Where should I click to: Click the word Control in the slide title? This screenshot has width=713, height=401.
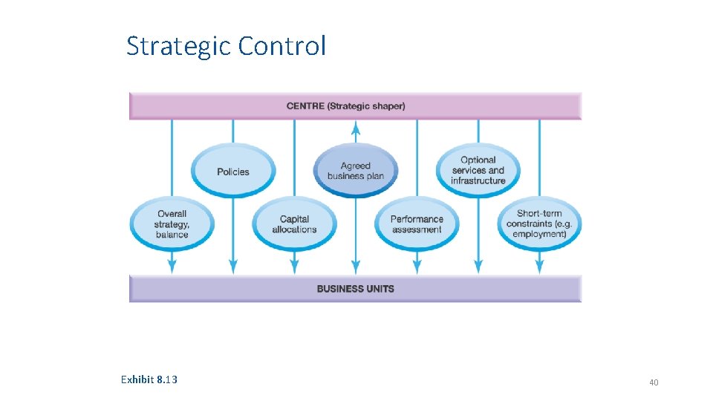[x=282, y=46]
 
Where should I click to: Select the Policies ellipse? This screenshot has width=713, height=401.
[x=233, y=172]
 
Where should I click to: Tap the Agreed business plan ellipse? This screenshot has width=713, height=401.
[x=356, y=171]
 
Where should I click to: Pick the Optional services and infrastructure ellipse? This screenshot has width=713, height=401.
[x=478, y=170]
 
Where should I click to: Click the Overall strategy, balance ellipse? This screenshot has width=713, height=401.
[x=172, y=224]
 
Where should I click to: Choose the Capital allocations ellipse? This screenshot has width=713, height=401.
[x=294, y=224]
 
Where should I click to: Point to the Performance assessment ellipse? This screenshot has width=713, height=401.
[x=417, y=224]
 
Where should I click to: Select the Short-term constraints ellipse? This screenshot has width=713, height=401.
[x=539, y=224]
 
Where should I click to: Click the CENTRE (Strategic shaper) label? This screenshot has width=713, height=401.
[x=346, y=106]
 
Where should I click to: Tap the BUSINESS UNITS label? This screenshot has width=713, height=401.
[x=355, y=289]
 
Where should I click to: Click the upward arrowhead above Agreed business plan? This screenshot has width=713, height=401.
[x=356, y=129]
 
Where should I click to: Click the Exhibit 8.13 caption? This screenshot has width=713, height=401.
[x=149, y=379]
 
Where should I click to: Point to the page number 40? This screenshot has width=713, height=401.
[x=654, y=382]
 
